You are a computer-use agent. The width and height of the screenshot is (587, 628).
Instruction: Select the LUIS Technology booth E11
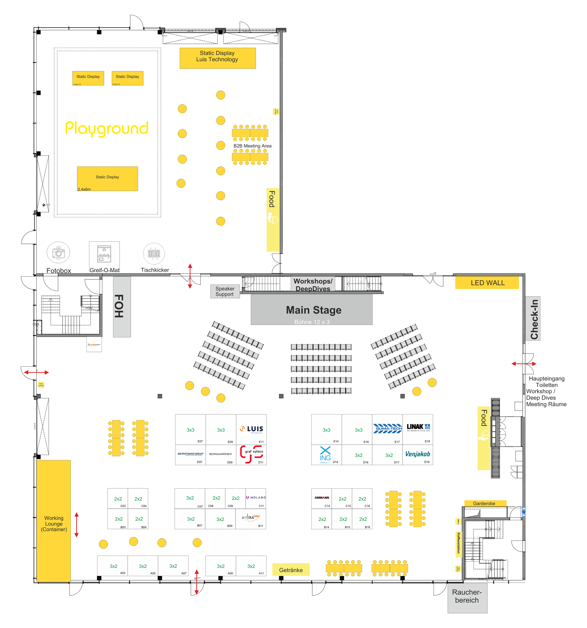[251, 429]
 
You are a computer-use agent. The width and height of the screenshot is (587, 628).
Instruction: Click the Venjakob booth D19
[417, 454]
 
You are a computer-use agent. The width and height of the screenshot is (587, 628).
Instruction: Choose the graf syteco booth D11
[251, 454]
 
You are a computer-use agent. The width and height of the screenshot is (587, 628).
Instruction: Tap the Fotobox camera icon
[58, 252]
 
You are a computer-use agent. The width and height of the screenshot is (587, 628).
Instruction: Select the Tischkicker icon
[154, 253]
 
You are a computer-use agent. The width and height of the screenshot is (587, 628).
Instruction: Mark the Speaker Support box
[225, 291]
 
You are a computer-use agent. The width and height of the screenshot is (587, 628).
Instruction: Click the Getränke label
[291, 570]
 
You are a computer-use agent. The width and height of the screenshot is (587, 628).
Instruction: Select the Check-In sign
[533, 318]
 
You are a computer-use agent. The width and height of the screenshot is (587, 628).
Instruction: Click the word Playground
[107, 128]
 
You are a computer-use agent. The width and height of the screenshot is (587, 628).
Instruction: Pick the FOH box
[122, 306]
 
